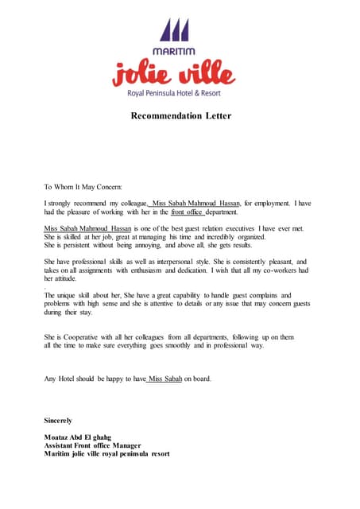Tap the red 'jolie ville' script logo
[174, 74]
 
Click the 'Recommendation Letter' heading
[181, 116]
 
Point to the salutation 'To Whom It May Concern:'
[83, 187]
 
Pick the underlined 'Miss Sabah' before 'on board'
[166, 379]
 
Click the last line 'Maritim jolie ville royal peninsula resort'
[106, 455]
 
